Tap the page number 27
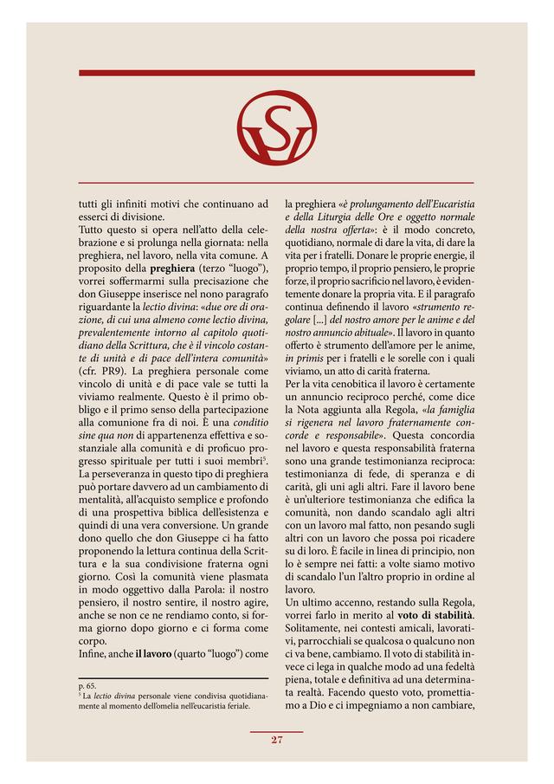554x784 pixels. [277, 739]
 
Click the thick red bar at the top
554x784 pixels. [276, 73]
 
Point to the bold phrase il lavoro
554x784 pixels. [154, 653]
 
